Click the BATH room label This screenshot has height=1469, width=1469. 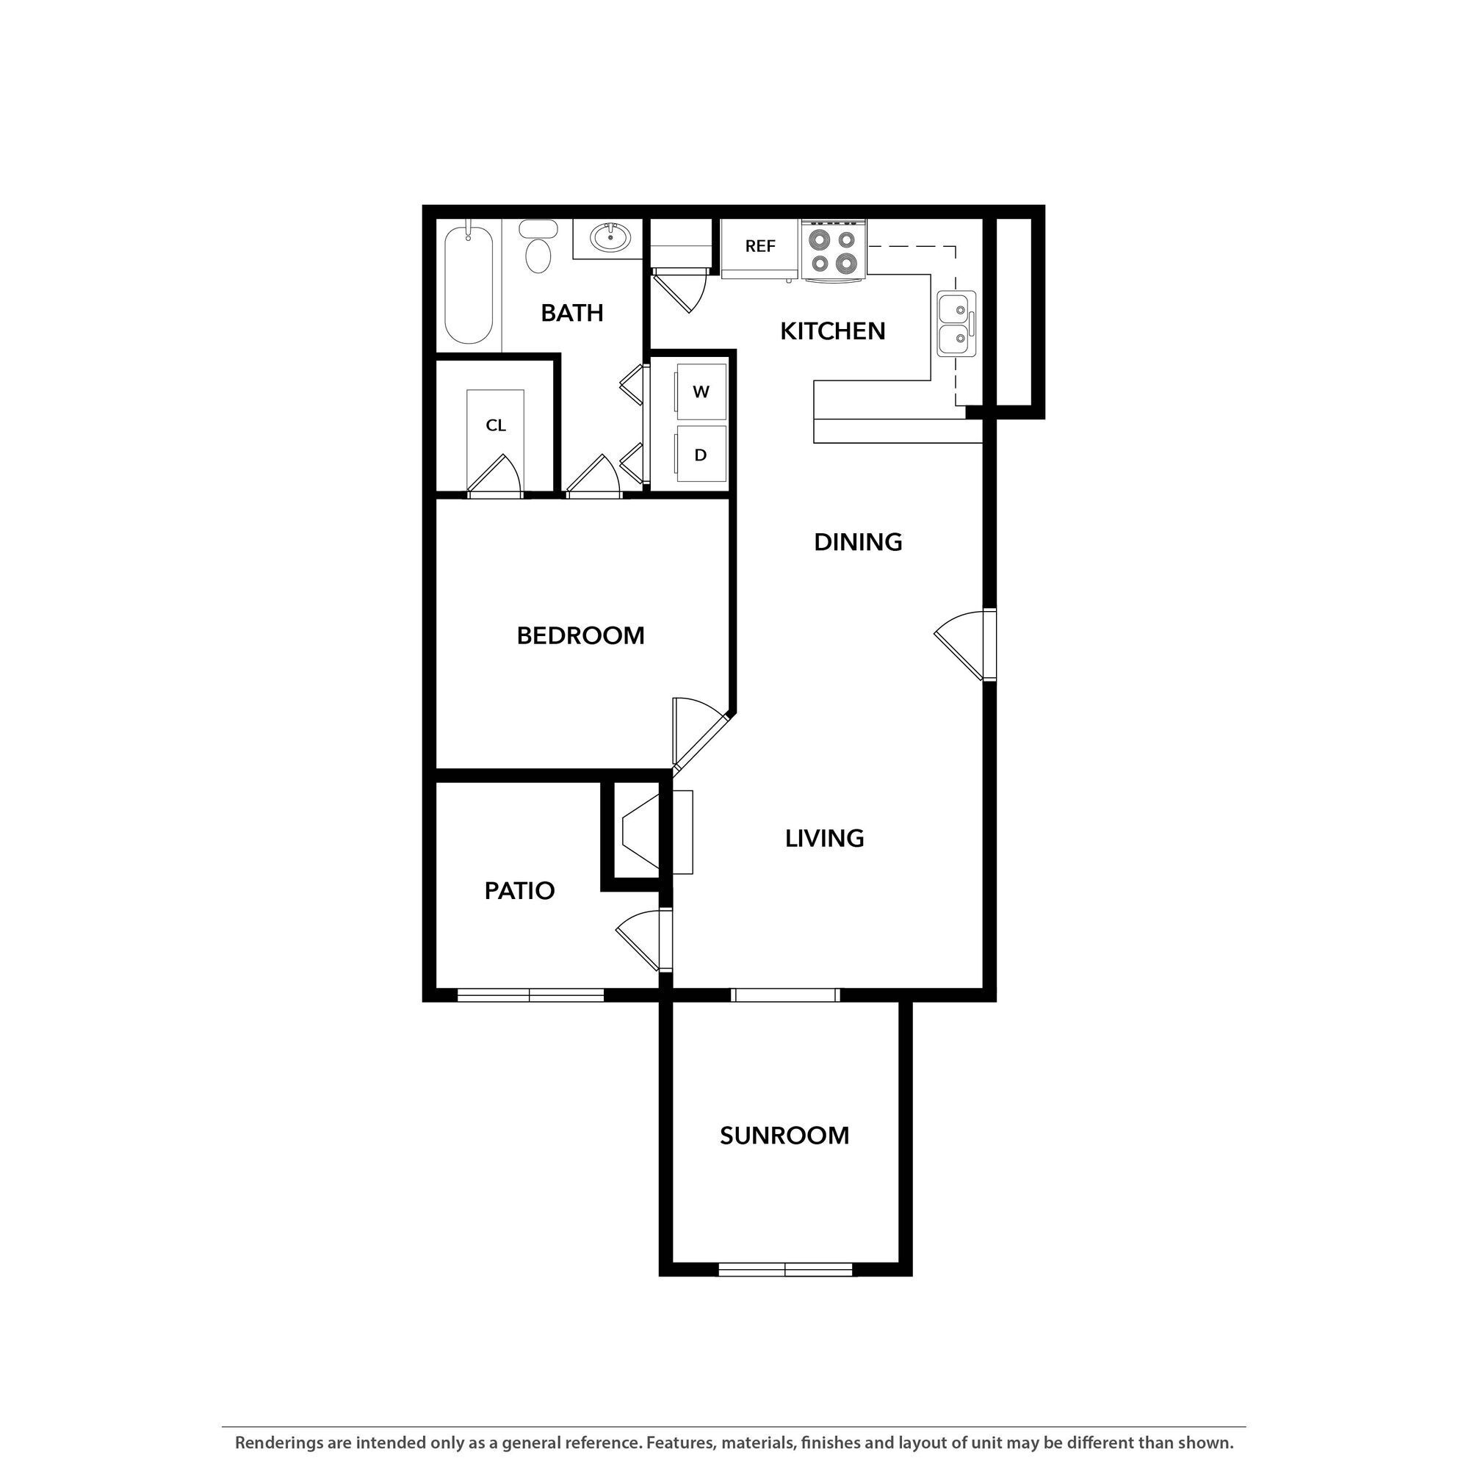click(x=571, y=312)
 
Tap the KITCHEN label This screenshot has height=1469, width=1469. click(x=833, y=331)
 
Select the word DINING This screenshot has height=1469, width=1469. click(x=858, y=542)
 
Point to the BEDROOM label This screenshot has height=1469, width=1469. click(x=580, y=635)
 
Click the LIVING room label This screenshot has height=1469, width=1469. click(x=824, y=838)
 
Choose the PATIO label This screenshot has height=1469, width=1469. click(x=519, y=890)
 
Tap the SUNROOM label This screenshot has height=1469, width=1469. click(x=784, y=1136)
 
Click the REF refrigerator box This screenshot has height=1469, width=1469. click(x=759, y=246)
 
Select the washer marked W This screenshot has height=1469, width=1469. click(x=700, y=391)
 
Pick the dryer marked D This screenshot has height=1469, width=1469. click(x=700, y=455)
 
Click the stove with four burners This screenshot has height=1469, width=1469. click(x=834, y=251)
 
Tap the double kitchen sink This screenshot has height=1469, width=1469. click(x=956, y=323)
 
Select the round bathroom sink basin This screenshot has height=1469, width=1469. click(x=610, y=238)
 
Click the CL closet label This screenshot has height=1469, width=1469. click(x=496, y=425)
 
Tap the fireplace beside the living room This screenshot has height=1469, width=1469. click(x=643, y=832)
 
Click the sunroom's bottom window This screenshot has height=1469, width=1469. click(x=784, y=1269)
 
